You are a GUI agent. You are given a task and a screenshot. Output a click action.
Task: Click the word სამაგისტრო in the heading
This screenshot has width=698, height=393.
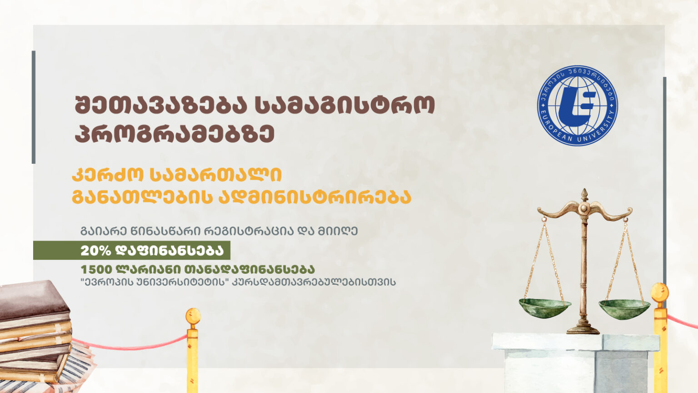click(345, 106)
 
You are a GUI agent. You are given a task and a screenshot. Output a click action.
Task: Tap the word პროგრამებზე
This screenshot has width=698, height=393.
click(174, 134)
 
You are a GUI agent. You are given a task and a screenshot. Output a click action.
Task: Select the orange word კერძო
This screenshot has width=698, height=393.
click(108, 175)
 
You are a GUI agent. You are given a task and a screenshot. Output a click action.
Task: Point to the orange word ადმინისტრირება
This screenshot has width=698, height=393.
click(315, 197)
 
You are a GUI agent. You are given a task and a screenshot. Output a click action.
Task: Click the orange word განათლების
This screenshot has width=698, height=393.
click(142, 197)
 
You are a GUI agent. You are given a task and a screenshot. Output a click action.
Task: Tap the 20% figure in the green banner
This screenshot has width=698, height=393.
click(96, 251)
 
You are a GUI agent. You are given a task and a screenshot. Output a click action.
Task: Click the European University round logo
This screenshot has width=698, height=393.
click(578, 106)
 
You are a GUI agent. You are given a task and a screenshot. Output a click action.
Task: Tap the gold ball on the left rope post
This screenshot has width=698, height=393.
click(193, 316)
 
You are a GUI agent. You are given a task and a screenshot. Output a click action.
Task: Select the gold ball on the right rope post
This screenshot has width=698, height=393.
click(660, 292)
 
